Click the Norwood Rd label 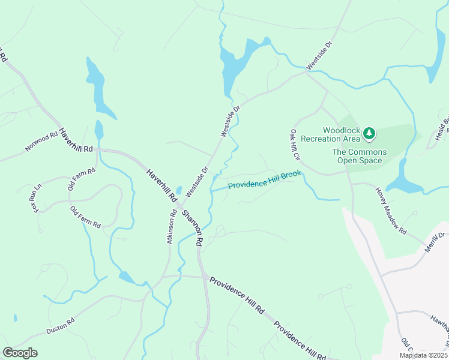[41, 142]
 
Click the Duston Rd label [60, 326]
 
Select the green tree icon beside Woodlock [370, 132]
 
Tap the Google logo [20, 353]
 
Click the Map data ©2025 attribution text [423, 355]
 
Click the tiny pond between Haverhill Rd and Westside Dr [178, 190]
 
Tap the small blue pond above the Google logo [14, 317]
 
